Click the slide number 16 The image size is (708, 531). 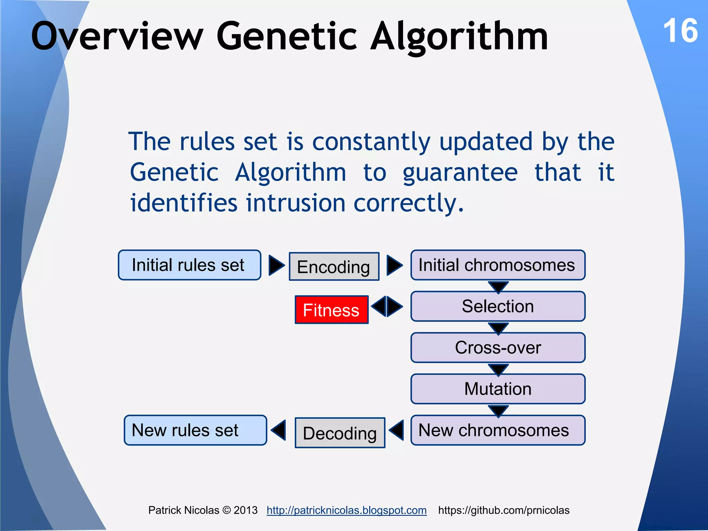tap(680, 31)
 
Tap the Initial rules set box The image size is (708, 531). tap(189, 265)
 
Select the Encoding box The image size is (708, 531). tap(334, 267)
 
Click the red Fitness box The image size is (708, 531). tap(331, 310)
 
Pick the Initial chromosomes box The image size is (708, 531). tap(497, 265)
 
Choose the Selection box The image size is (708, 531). tap(497, 306)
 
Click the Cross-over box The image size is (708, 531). tap(497, 347)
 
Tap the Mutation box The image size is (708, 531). tap(497, 389)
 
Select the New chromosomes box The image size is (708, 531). tap(497, 430)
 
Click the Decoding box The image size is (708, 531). tap(339, 433)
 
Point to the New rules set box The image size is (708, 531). tap(195, 430)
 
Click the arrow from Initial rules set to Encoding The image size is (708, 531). tap(276, 265)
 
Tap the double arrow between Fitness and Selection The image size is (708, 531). tap(387, 306)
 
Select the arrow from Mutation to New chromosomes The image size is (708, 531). tap(498, 410)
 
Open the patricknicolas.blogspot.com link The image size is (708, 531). tap(346, 510)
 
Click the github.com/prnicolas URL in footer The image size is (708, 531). tap(504, 510)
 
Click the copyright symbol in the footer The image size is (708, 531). tap(226, 510)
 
